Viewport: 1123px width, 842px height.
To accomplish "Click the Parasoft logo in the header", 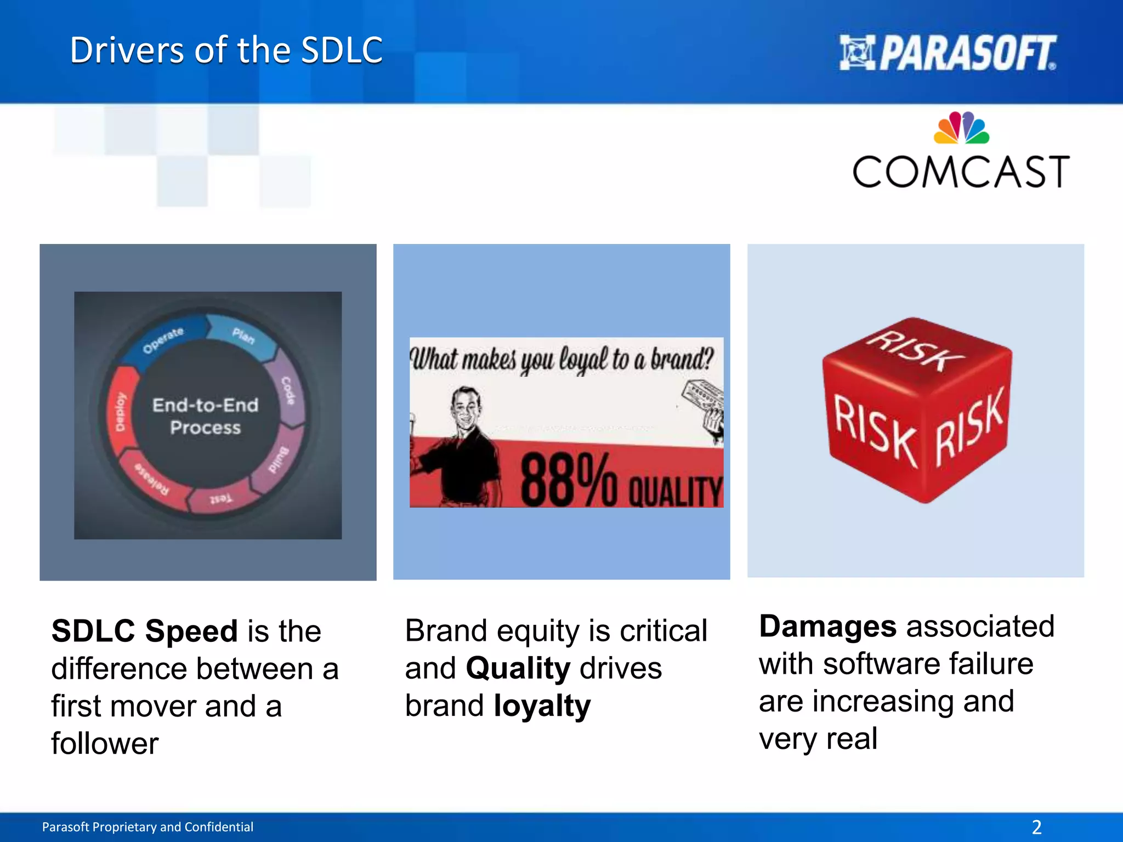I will [948, 53].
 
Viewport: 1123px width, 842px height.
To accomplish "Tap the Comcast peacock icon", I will [961, 128].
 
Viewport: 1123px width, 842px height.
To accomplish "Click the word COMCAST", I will [961, 172].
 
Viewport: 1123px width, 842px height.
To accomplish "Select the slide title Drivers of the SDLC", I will [226, 50].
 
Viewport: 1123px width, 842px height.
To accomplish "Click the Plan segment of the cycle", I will [243, 335].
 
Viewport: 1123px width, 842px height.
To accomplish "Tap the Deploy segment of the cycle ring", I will [120, 412].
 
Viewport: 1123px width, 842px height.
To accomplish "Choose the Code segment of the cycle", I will [289, 390].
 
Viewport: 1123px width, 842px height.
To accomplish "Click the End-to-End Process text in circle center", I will [206, 416].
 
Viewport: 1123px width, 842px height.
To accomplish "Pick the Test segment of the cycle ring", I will [221, 498].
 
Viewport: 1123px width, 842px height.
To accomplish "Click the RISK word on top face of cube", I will [915, 351].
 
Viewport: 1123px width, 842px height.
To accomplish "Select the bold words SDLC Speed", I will [144, 630].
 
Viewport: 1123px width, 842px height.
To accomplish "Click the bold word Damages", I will [827, 626].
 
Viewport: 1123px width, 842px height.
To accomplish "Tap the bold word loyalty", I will [542, 706].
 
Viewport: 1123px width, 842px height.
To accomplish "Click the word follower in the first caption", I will [105, 743].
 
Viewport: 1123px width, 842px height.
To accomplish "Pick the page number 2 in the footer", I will [1036, 827].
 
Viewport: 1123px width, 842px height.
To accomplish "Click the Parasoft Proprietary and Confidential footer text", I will [148, 827].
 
